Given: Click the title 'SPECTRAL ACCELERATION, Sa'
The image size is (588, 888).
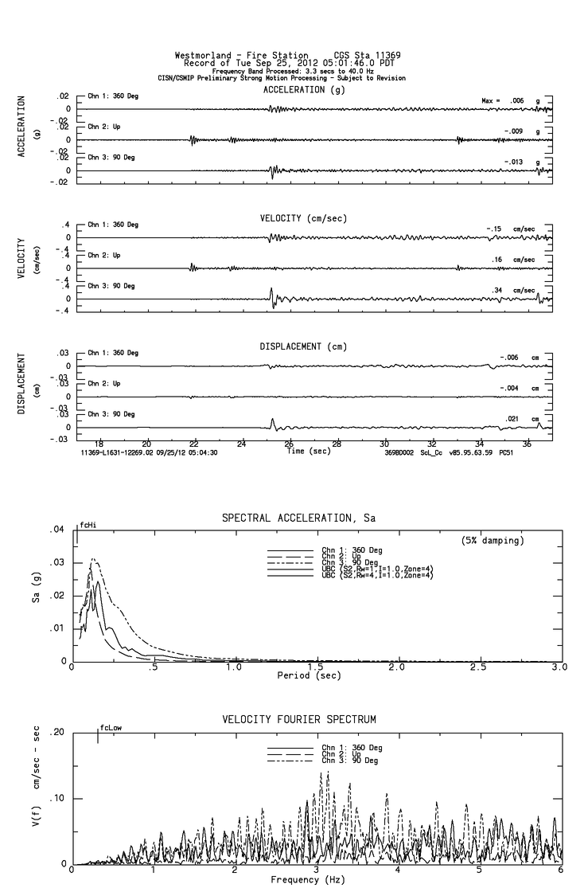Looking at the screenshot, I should coord(299,518).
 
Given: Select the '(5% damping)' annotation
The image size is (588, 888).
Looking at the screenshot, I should coord(493,541).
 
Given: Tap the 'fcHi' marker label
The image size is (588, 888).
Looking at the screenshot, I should coord(87,526).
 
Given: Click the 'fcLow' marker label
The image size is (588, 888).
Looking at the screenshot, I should coord(111,728).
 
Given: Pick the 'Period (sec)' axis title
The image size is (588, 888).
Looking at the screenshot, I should coord(310,675).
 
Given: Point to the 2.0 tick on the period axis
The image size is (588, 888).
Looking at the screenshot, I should coord(396,667).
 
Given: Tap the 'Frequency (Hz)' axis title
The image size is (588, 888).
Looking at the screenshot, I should coord(310,879).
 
